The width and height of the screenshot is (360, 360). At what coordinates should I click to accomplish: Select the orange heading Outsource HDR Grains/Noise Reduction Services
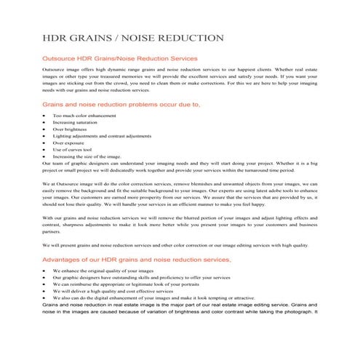[121, 58]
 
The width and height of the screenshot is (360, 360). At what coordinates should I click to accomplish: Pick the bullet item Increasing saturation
[79, 122]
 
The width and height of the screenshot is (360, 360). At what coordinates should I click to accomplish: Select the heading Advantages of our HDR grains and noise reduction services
[137, 259]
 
